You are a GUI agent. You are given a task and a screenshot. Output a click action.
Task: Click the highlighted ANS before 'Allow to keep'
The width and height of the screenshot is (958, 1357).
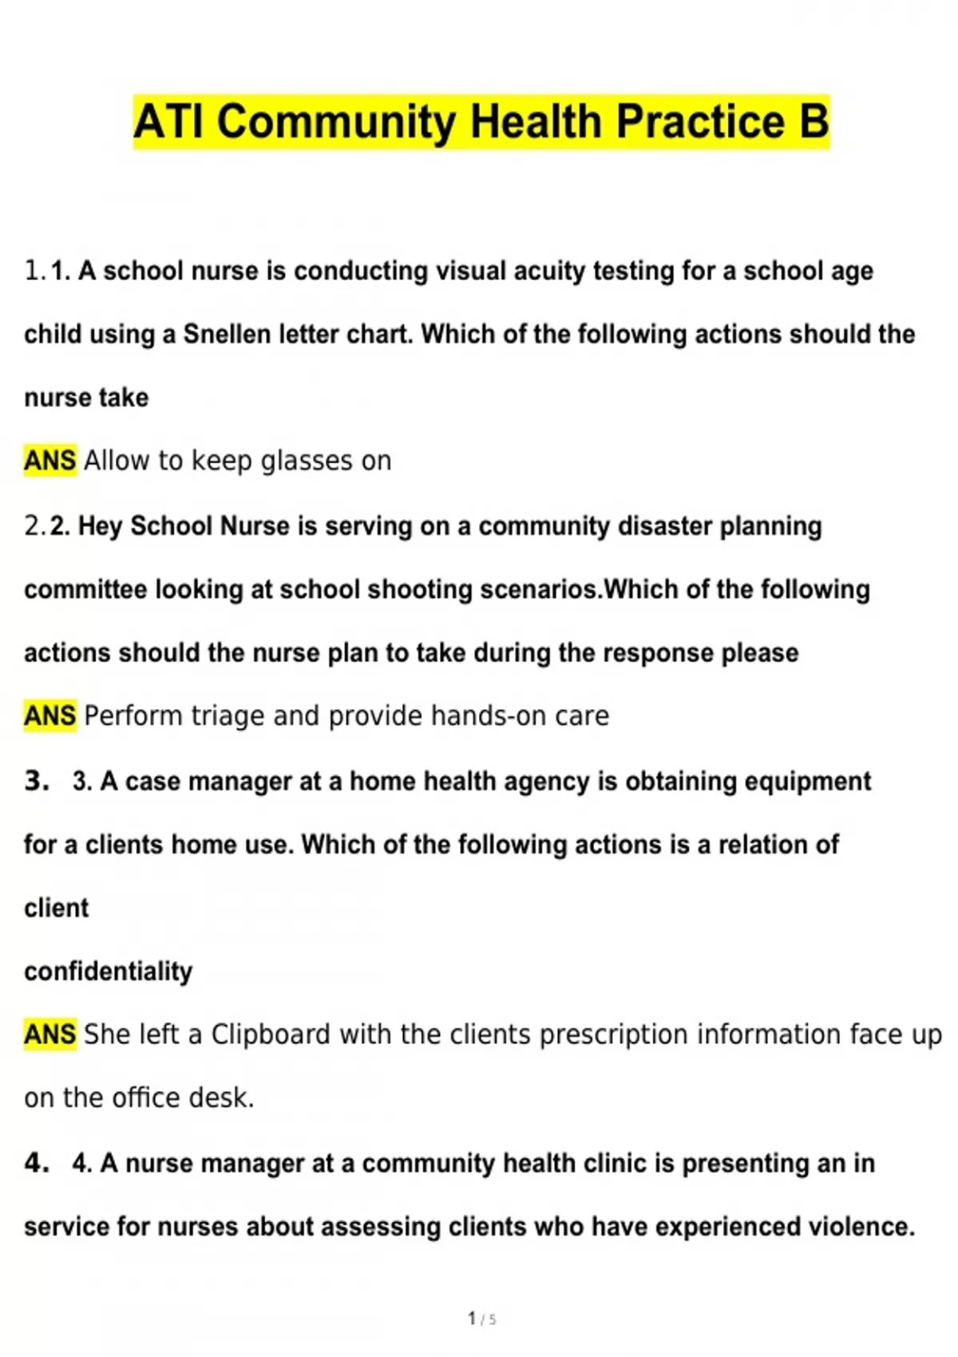pyautogui.click(x=49, y=461)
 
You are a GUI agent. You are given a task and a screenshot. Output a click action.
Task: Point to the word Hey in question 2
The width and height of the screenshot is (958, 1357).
pyautogui.click(x=100, y=526)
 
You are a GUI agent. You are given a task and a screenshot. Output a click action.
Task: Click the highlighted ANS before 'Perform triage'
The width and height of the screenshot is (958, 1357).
pyautogui.click(x=49, y=716)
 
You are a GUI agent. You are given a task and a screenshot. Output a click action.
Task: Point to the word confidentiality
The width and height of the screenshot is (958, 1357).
pyautogui.click(x=108, y=971)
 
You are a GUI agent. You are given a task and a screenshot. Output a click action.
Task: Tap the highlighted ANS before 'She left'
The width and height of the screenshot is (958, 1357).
pyautogui.click(x=49, y=1035)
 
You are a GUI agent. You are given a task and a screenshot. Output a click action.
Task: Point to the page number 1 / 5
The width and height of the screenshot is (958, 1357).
pyautogui.click(x=481, y=1319)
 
